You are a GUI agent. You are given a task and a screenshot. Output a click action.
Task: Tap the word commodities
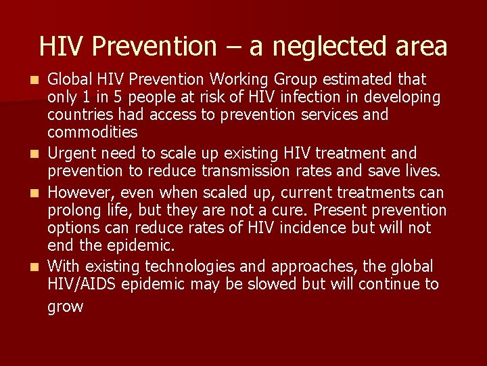coord(92,132)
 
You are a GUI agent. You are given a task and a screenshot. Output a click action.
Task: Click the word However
coord(80,192)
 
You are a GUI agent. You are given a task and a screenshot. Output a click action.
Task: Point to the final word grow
coord(65,306)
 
